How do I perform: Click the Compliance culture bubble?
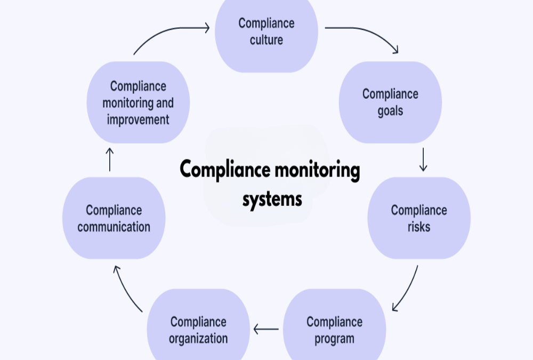tap(266, 34)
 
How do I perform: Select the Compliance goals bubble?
tap(390, 102)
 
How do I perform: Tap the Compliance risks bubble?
tap(419, 218)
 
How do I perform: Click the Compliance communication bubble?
tap(114, 218)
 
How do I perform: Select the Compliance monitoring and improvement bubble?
tap(138, 102)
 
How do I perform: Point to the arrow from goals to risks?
tap(423, 159)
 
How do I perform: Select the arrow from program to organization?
tap(266, 329)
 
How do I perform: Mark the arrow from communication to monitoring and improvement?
tap(109, 159)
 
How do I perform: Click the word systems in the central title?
tap(272, 199)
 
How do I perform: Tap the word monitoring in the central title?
tap(318, 170)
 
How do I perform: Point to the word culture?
tap(266, 40)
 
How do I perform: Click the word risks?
tap(419, 227)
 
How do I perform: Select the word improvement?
tap(138, 120)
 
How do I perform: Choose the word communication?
tap(114, 227)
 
